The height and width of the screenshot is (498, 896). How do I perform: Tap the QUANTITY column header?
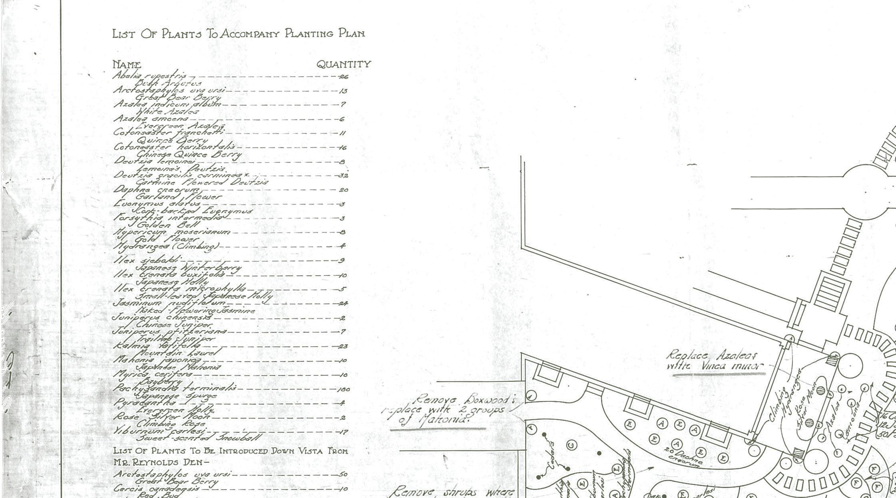point(344,64)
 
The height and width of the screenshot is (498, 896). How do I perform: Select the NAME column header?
point(126,64)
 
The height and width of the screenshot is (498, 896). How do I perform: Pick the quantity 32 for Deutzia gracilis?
point(343,176)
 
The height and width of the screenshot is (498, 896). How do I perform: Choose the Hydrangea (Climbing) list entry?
point(166,247)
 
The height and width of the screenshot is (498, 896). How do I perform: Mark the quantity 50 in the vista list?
point(343,474)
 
